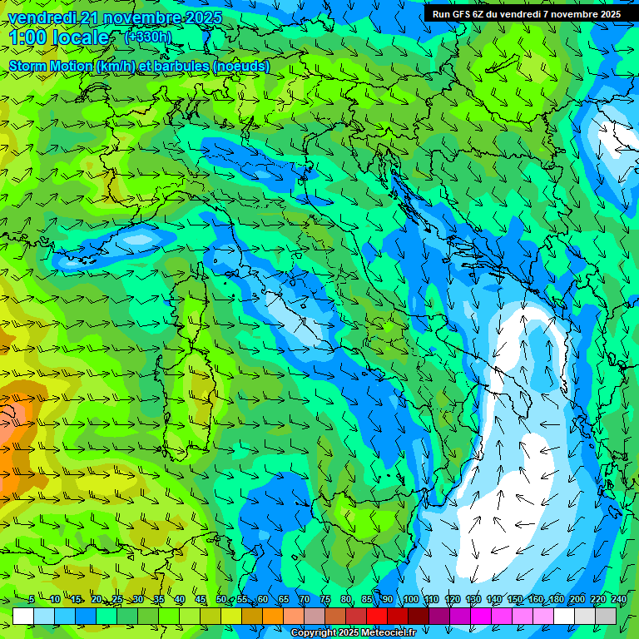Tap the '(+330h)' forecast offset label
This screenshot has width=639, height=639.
point(147,37)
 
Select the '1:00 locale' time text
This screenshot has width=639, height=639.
point(59,38)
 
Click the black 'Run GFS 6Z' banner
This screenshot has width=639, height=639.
point(526,14)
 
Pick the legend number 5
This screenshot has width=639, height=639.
point(32,600)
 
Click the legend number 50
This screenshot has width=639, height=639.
point(221,600)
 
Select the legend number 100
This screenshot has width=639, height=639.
point(411,600)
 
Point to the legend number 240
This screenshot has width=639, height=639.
point(619,600)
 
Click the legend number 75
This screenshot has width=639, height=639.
point(325,600)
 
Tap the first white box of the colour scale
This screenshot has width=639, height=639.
point(23,616)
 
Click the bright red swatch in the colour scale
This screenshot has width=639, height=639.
point(376,616)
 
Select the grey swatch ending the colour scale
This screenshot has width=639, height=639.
point(606,616)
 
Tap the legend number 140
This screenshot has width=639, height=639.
point(494,600)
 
